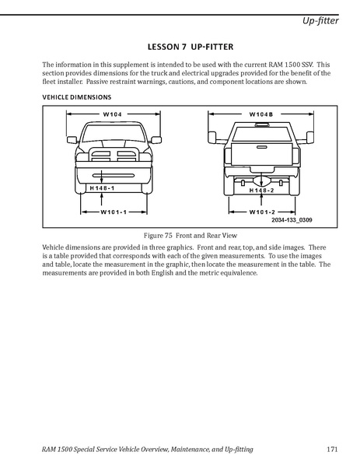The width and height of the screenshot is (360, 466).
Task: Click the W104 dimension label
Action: tap(112, 114)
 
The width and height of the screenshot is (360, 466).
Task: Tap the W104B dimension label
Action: tap(261, 114)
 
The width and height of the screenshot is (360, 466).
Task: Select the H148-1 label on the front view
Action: tap(102, 187)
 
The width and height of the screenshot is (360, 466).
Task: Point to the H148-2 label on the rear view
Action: tap(261, 190)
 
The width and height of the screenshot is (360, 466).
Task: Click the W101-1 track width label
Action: tap(114, 212)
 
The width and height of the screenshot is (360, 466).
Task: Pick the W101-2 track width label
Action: tap(262, 212)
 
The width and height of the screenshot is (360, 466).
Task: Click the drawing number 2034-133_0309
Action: tap(292, 220)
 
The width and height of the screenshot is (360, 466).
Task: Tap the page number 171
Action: tap(332, 449)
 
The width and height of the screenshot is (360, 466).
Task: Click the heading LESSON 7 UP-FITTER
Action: tap(190, 47)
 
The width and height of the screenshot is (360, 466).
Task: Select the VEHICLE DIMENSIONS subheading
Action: tap(77, 97)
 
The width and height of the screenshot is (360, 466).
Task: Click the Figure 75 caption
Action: tap(190, 236)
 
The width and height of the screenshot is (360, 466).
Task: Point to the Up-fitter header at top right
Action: tap(320, 20)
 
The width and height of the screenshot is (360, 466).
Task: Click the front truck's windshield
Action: tap(113, 133)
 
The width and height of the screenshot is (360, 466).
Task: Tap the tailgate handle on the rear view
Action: tap(261, 147)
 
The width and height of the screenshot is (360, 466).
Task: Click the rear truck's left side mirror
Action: tap(211, 137)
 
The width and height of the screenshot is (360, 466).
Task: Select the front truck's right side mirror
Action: tap(156, 140)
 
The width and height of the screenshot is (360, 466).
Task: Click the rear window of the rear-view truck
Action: tap(260, 134)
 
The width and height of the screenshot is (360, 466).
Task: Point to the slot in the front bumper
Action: tap(114, 176)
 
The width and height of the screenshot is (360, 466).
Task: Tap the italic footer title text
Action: tap(147, 450)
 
